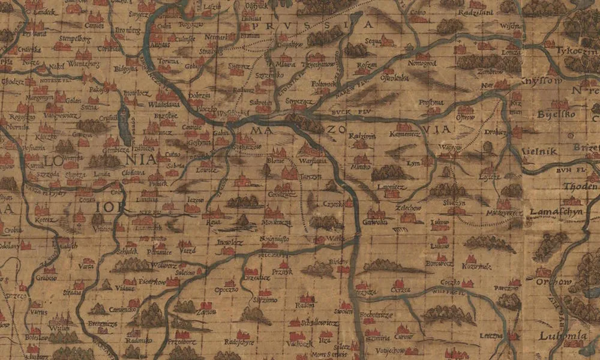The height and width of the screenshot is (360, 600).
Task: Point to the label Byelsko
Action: (x=556, y=114)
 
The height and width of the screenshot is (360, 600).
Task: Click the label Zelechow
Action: (x=409, y=208)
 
